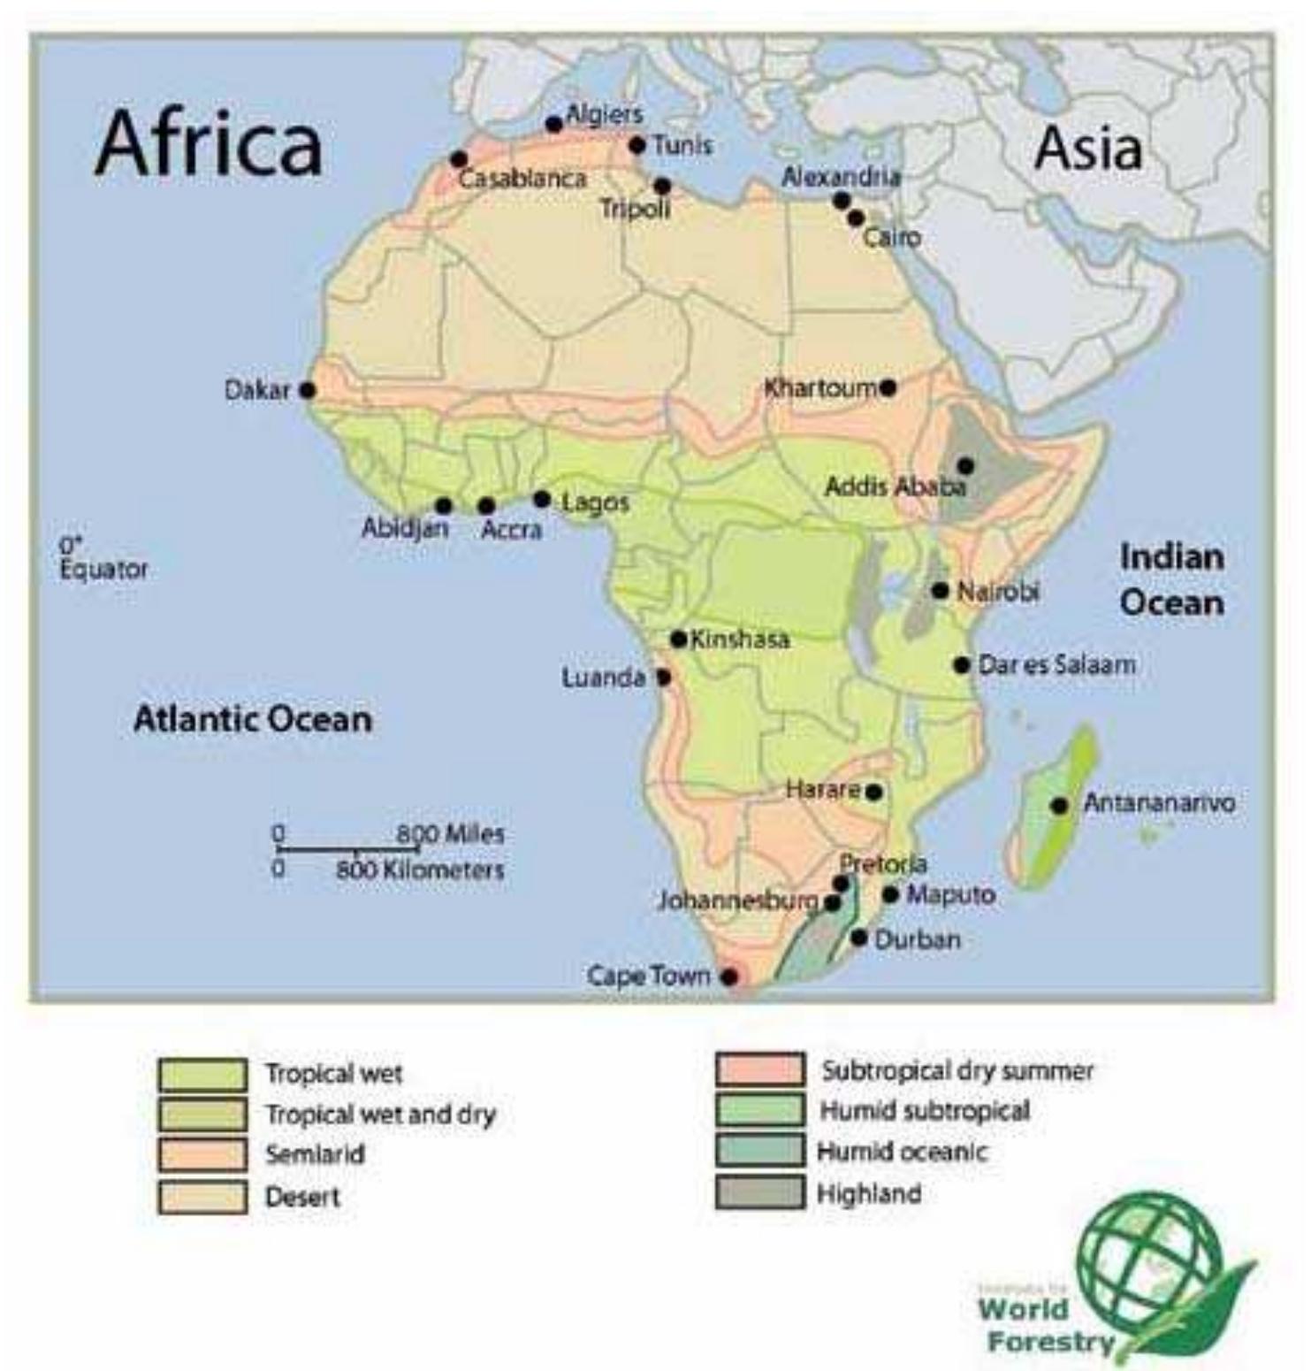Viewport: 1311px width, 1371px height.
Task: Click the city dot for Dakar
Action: (307, 389)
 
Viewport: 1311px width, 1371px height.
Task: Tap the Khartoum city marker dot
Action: (888, 387)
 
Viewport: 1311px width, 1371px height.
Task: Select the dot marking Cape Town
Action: (728, 977)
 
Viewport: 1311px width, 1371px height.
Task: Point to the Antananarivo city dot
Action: (1058, 805)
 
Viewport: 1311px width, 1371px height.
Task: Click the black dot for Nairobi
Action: (940, 590)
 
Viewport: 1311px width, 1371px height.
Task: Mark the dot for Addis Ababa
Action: (965, 465)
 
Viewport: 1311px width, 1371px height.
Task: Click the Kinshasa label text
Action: (739, 639)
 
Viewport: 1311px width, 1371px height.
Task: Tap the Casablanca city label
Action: (522, 179)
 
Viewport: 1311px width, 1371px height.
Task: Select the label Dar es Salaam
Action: (1056, 664)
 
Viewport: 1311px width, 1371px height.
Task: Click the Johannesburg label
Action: (737, 900)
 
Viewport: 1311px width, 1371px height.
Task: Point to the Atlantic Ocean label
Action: (252, 718)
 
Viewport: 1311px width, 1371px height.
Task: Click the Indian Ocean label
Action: (1171, 579)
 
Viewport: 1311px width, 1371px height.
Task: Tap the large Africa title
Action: (209, 144)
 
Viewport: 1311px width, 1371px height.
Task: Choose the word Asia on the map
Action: (1087, 148)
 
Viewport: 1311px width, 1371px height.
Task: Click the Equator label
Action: (103, 569)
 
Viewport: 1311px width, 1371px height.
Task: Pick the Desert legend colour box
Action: (202, 1197)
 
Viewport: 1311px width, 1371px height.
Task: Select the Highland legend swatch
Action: (759, 1193)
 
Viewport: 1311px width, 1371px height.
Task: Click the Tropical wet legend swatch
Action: (202, 1074)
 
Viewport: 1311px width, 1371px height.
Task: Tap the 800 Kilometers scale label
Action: (419, 869)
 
